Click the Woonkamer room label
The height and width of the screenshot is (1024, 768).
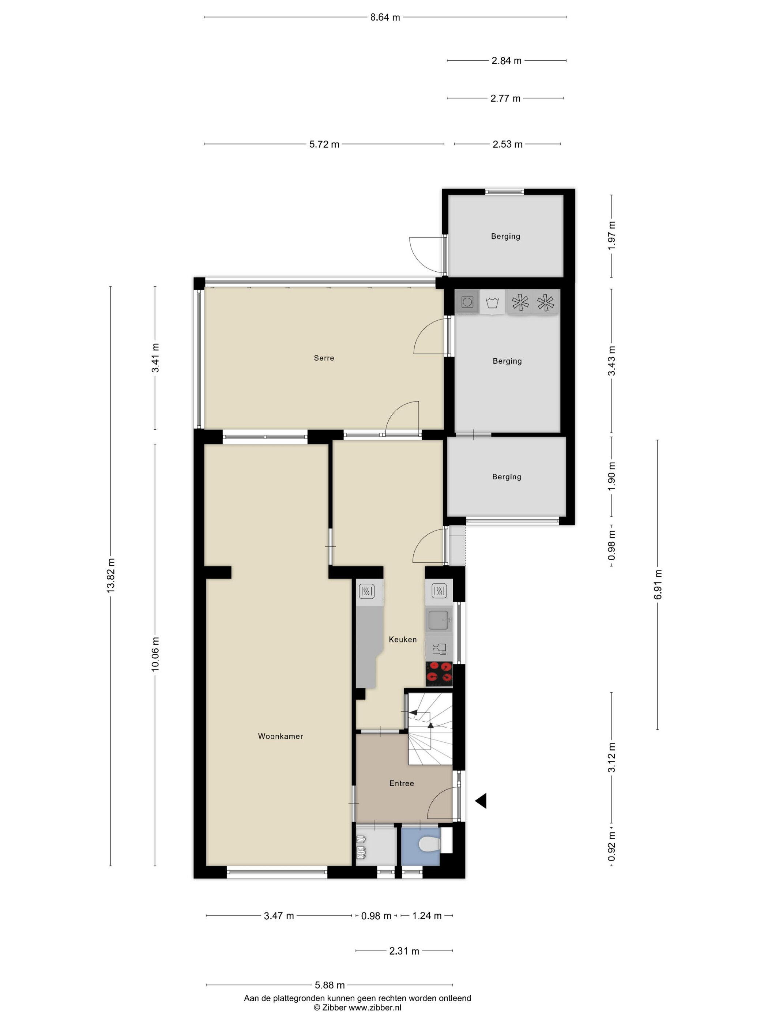[x=280, y=736]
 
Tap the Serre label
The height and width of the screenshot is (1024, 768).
[x=324, y=358]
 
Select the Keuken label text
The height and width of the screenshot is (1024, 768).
[x=403, y=639]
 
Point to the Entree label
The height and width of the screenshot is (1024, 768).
[x=401, y=783]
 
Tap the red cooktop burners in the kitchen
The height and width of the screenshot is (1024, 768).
[x=439, y=674]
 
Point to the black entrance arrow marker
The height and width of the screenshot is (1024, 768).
[x=481, y=801]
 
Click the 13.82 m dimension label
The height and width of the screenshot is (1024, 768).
[x=111, y=575]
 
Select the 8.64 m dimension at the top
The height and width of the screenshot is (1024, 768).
[x=385, y=18]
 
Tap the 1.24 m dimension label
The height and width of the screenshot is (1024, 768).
[x=427, y=915]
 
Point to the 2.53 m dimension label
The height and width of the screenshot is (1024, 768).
[x=507, y=144]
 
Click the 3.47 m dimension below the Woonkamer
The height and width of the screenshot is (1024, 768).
[x=279, y=915]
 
